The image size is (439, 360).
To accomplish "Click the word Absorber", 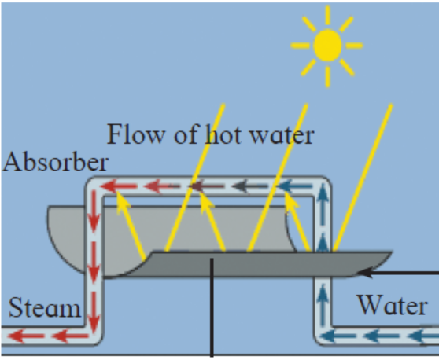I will coord(56,162).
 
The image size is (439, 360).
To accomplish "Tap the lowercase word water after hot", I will coord(278,135).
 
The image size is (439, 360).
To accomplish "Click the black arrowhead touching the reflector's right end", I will coord(363,272).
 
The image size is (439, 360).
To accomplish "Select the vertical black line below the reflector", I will coord(211,314).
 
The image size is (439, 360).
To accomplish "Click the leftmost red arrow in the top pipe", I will coord(118,187).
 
